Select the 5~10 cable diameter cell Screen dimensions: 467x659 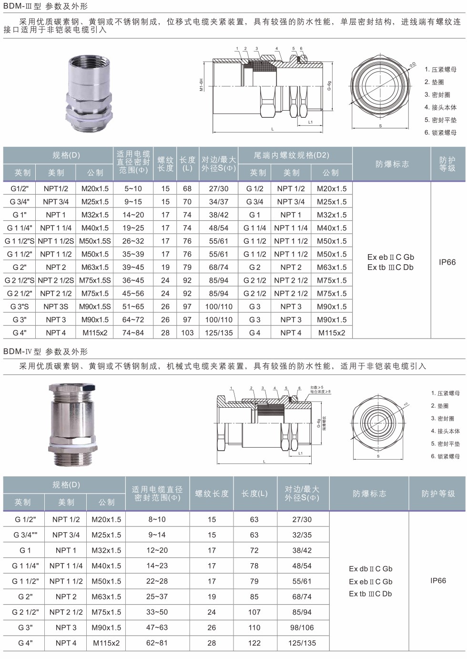point(133,188)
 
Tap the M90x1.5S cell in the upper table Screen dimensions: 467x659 point(95,307)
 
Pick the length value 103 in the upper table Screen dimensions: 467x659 point(187,333)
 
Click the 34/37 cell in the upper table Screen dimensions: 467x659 point(219,202)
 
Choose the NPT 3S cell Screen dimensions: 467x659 point(56,307)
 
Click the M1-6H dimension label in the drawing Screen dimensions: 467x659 point(202,84)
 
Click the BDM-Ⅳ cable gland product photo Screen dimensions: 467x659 point(72,424)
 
